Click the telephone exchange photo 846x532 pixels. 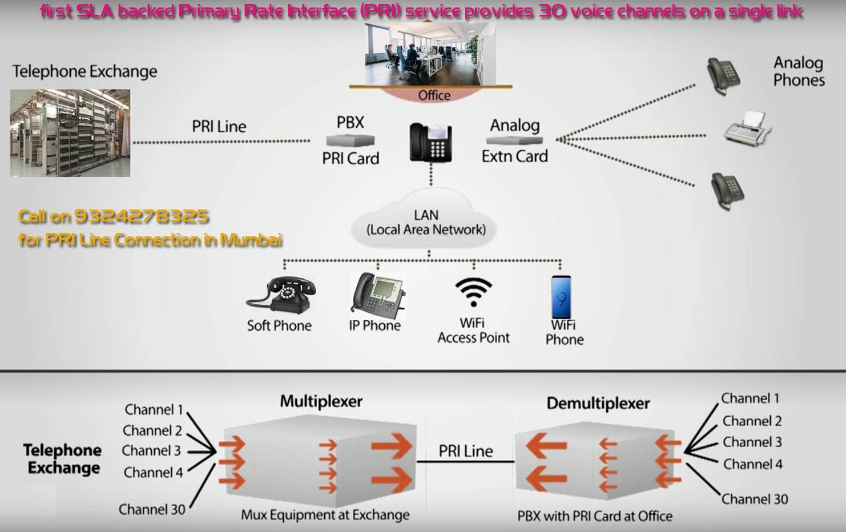point(70,132)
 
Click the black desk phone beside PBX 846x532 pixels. point(431,142)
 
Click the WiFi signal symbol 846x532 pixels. point(473,292)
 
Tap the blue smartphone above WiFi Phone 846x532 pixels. point(561,297)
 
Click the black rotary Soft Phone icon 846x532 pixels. point(281,295)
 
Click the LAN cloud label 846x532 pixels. point(426,223)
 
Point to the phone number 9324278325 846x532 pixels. point(141,216)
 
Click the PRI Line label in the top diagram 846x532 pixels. point(219,126)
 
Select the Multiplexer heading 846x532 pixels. point(321,401)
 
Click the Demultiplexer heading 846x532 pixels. point(598,404)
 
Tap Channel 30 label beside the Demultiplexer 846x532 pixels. point(754,499)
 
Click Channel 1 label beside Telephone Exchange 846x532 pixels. point(154,409)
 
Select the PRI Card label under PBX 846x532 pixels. point(351,158)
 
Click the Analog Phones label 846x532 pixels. point(799,71)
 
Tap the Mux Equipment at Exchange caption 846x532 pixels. point(325,515)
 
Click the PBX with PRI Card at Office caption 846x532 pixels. point(594,516)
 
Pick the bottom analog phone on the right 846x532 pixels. point(727,191)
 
